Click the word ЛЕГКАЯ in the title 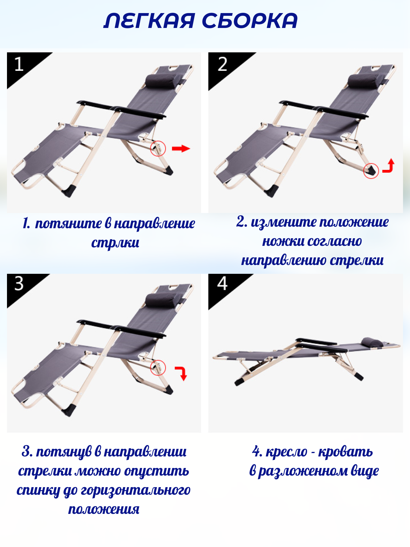tap(149, 21)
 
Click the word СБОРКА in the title tap(250, 21)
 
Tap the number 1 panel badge tap(19, 64)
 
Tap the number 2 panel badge tap(222, 64)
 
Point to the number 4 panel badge tap(222, 283)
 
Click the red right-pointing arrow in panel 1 tap(181, 148)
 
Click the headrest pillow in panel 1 tap(161, 81)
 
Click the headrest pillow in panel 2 tap(364, 81)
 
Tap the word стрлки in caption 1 tap(115, 243)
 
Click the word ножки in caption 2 tap(283, 241)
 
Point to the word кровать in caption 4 tap(345, 452)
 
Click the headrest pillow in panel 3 tap(161, 300)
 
